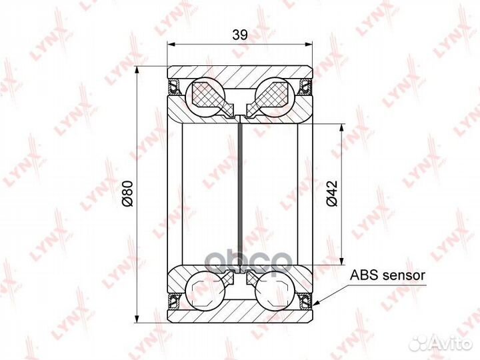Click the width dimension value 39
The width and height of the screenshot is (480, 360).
[x=240, y=35]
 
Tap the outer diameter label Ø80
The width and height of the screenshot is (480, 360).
[x=127, y=193]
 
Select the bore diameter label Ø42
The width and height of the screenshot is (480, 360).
[x=332, y=193]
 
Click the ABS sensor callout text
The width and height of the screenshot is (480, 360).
[x=387, y=275]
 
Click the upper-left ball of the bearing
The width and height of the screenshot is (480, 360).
[x=206, y=97]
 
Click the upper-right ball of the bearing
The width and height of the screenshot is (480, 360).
[x=275, y=97]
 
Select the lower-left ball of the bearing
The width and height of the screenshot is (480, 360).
[x=206, y=291]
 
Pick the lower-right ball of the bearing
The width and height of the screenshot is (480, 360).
[x=275, y=291]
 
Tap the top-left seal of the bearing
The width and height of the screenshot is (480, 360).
[x=174, y=86]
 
